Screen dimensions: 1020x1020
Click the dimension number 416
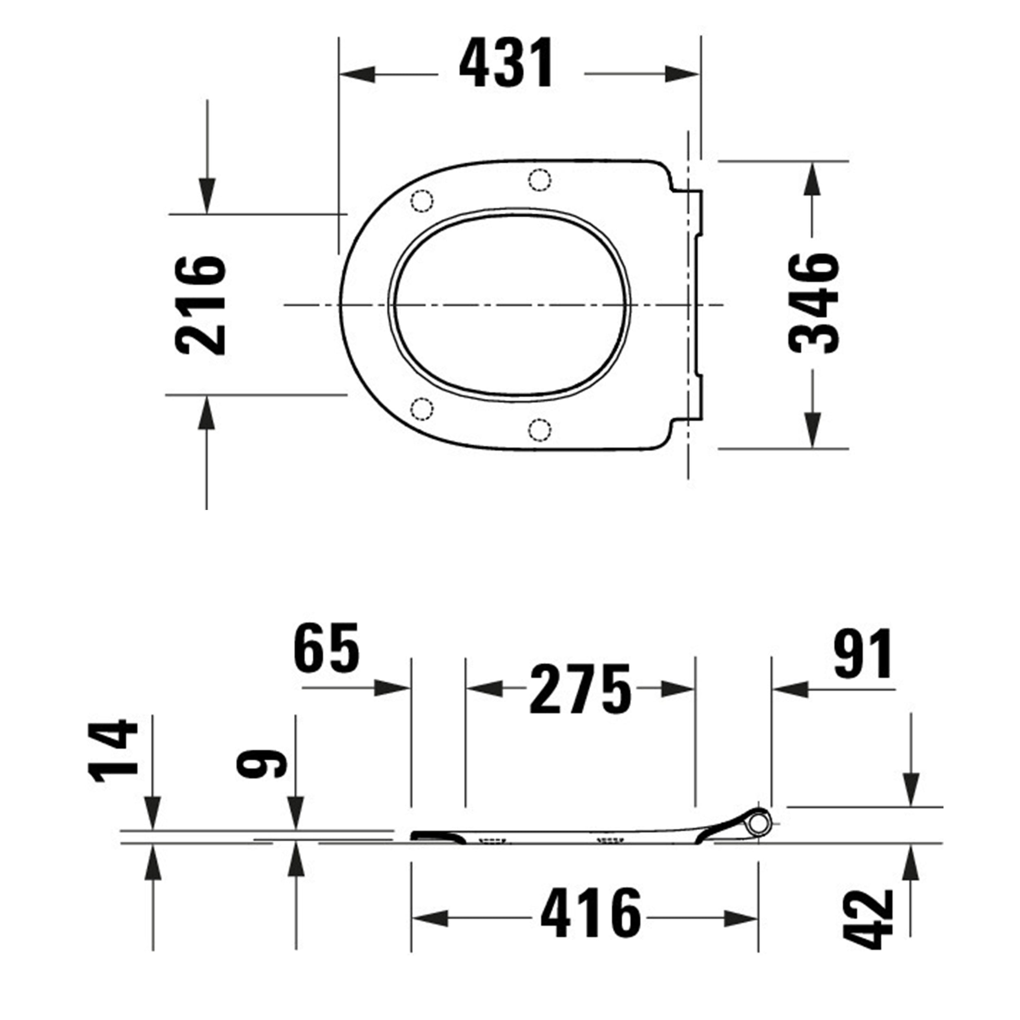[x=590, y=914]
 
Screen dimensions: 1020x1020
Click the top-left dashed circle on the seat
[x=422, y=201]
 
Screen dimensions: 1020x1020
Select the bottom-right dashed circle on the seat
[x=539, y=429]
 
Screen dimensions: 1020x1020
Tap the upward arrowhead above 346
[x=812, y=180]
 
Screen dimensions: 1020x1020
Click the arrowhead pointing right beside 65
[x=392, y=688]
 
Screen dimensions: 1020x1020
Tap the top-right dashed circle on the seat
[x=539, y=180]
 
